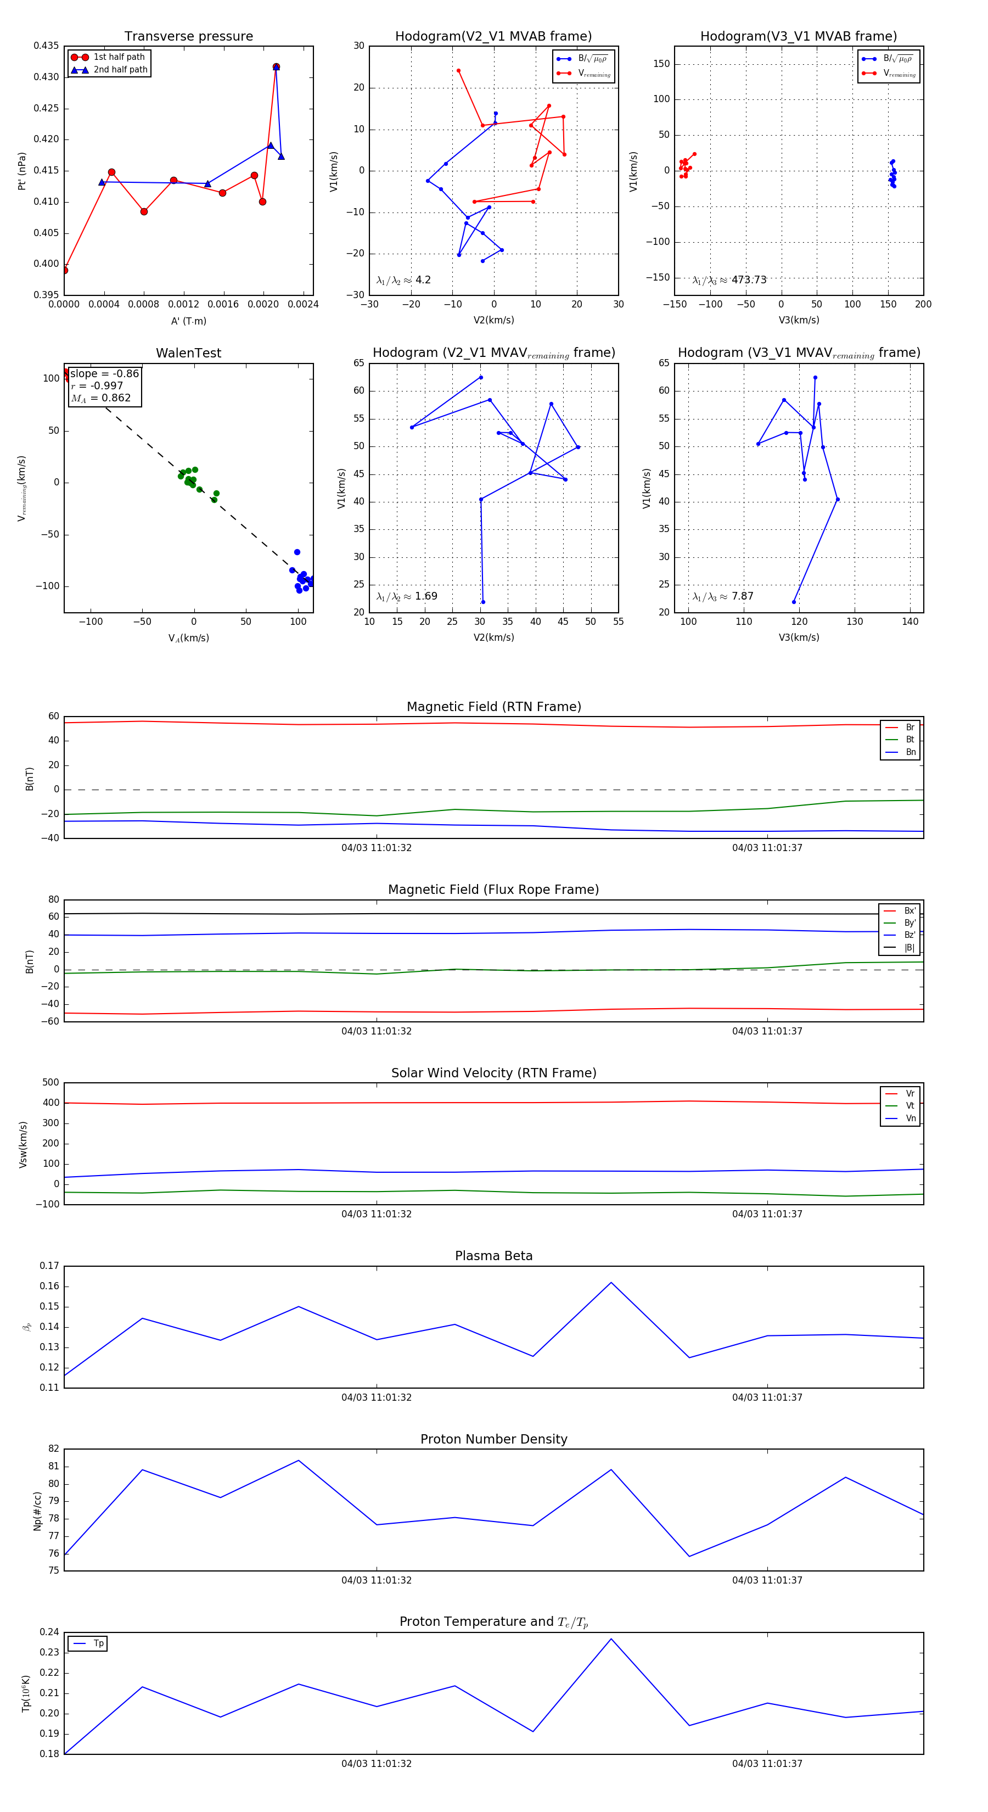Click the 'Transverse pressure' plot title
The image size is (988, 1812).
point(188,37)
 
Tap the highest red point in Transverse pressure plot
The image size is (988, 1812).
point(276,67)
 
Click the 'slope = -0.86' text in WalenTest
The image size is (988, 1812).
point(104,373)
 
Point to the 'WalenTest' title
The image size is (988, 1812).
point(188,353)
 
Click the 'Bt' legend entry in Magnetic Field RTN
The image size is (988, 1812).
point(910,739)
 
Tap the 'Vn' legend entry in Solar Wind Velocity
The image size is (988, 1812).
point(910,1118)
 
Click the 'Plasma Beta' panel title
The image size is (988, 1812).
point(493,1256)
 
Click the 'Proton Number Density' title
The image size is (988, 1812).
point(493,1439)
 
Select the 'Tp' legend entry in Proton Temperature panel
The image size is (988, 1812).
point(98,1644)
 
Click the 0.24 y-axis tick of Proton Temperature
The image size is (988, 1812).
point(49,1632)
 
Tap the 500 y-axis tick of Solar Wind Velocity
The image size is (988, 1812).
point(50,1083)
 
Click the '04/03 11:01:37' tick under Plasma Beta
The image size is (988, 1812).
point(766,1397)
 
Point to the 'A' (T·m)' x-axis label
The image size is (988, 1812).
point(188,321)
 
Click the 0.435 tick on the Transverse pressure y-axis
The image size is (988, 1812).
point(47,46)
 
